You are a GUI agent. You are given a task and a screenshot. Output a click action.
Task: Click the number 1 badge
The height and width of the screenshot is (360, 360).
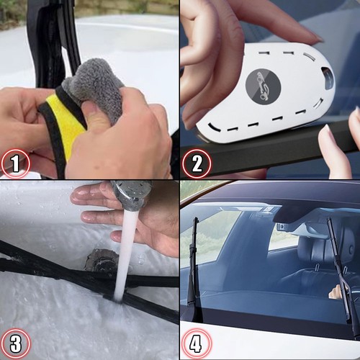pos(15,163)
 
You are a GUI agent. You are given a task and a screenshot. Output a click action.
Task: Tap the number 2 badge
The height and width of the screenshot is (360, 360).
pos(197,163)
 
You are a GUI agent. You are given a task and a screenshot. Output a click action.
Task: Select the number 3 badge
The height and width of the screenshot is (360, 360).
pos(15,343)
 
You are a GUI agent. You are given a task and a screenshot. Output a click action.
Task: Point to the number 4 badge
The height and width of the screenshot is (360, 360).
pos(197,343)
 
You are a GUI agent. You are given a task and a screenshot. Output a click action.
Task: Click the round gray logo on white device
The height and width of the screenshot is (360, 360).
pos(264,86)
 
